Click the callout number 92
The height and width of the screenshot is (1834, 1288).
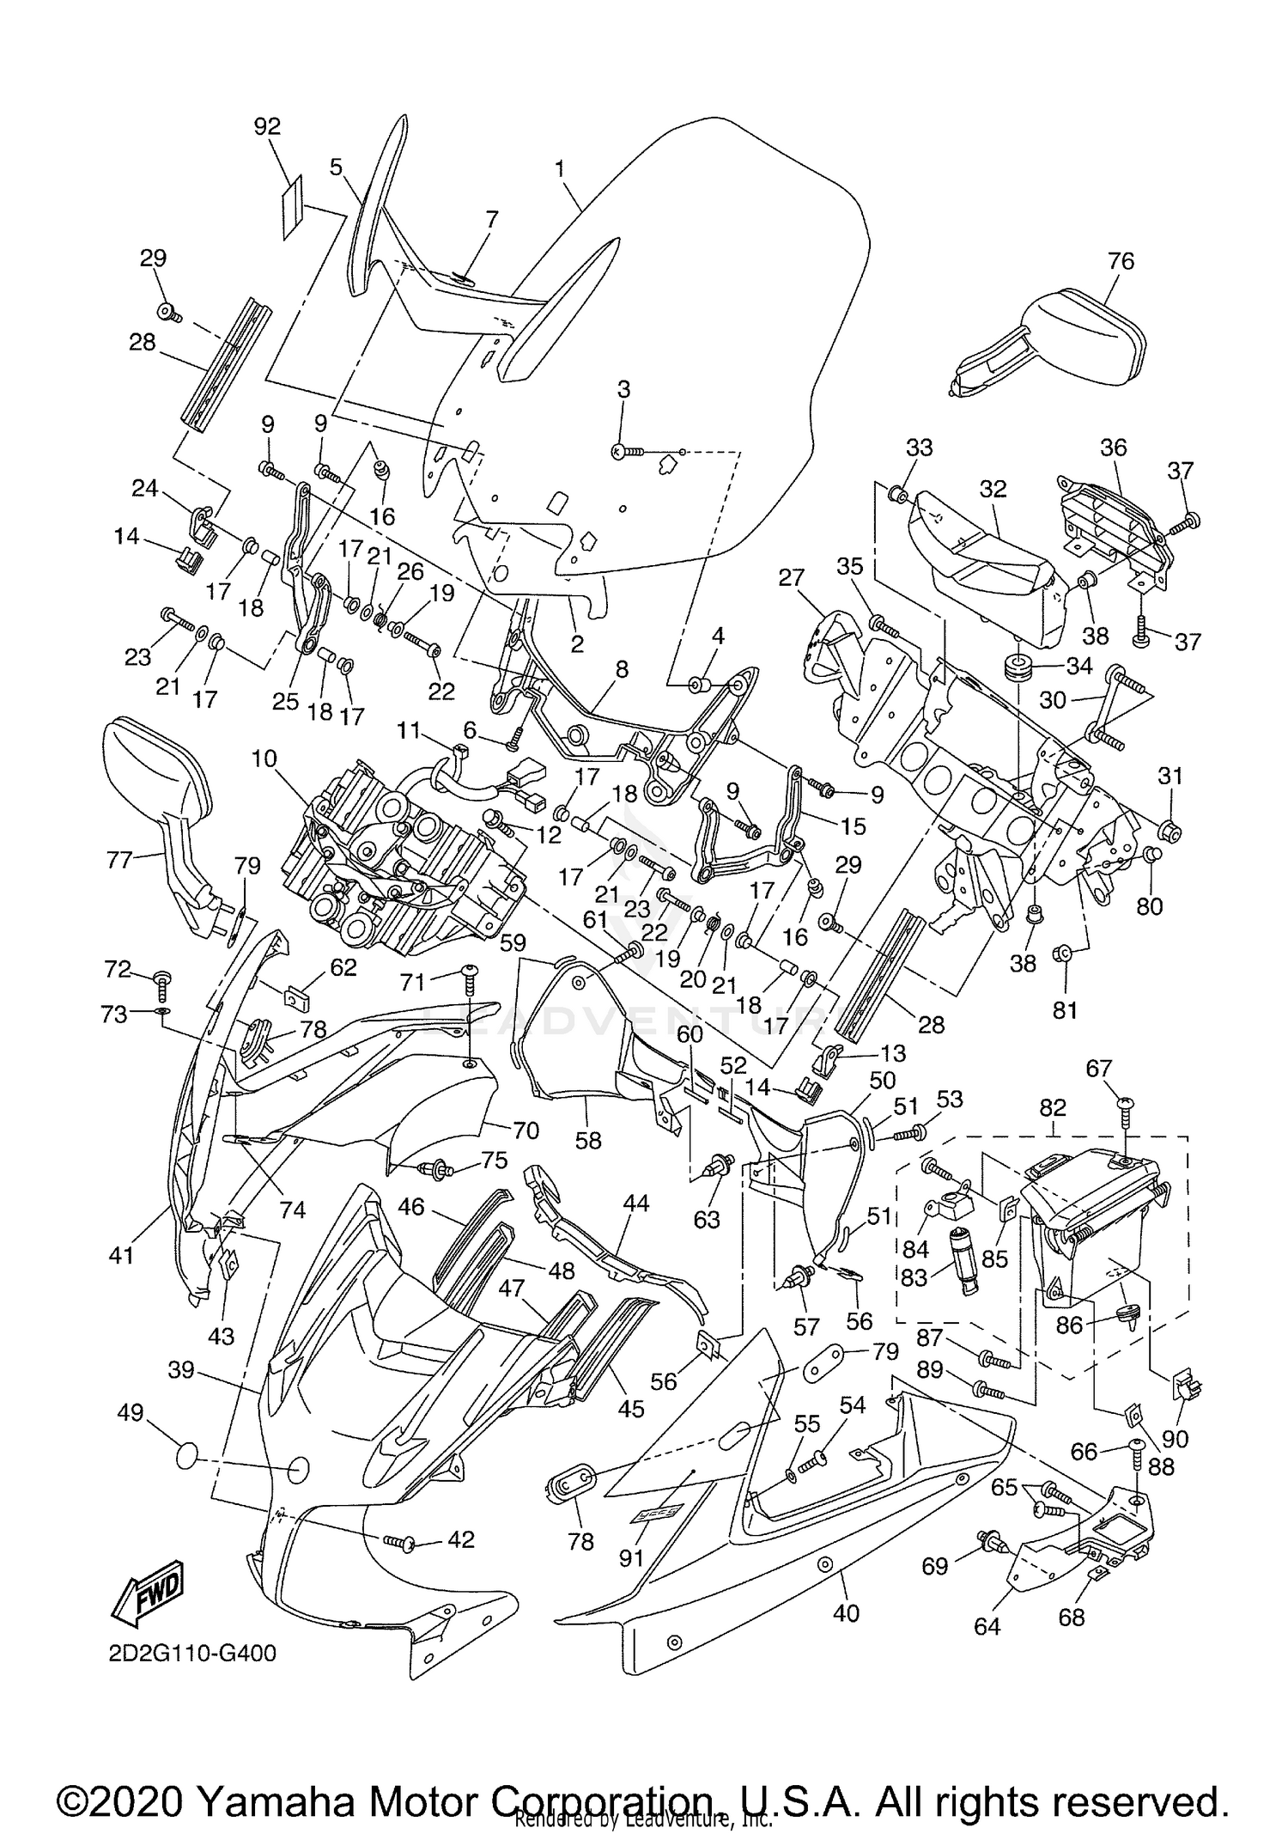pos(267,126)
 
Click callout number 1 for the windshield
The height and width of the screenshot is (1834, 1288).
pos(560,168)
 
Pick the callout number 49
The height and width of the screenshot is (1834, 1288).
pos(131,1413)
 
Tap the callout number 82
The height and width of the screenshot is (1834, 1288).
pos(1053,1106)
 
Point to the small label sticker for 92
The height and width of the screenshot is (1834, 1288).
pos(293,207)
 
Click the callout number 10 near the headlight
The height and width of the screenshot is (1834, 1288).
pos(264,759)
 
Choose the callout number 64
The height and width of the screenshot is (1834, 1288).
pos(987,1626)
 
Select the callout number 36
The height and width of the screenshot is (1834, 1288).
pos(1113,447)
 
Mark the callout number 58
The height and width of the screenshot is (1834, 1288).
pos(588,1140)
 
